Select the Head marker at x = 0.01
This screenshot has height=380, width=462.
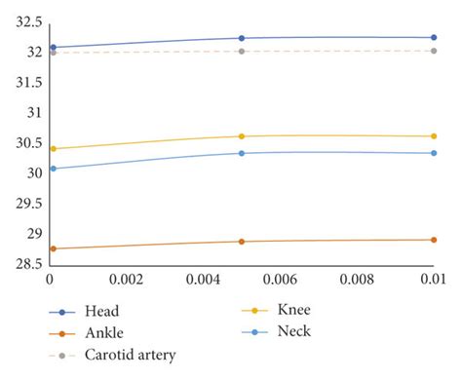[x=434, y=37]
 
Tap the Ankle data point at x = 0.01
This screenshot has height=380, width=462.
[x=434, y=240]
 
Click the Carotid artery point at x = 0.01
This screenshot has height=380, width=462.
[x=434, y=51]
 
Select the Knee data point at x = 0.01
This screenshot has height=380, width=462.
[x=434, y=136]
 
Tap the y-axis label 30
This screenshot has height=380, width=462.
[x=34, y=173]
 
